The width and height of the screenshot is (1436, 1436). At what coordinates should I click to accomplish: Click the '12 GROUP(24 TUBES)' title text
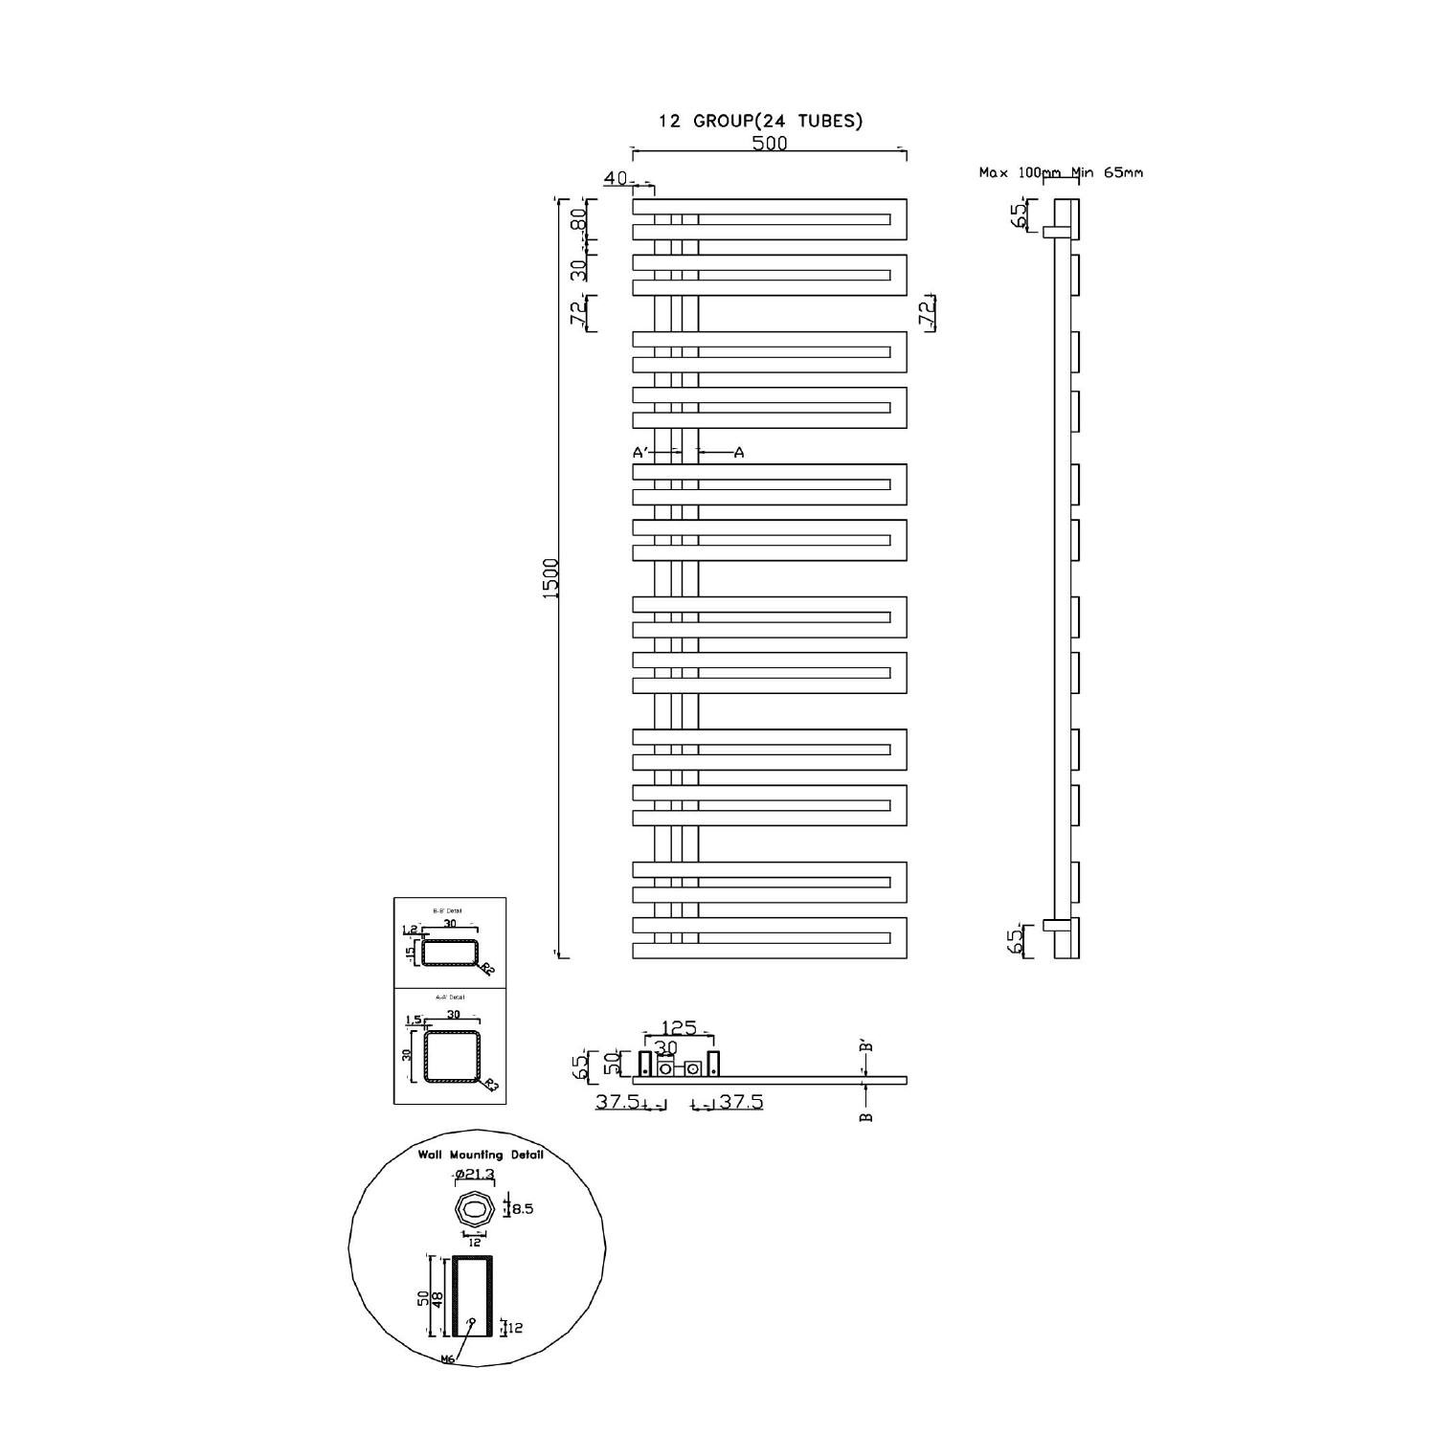pos(760,121)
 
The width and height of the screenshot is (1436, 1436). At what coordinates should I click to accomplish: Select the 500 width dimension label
pos(770,143)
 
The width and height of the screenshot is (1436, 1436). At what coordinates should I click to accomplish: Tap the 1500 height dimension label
pos(550,578)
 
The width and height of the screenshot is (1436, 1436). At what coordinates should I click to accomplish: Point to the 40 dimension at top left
pos(616,179)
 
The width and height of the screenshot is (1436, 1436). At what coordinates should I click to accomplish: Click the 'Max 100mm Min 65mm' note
pos(1060,173)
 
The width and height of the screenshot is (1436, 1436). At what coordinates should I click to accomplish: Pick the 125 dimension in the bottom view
pos(679,1028)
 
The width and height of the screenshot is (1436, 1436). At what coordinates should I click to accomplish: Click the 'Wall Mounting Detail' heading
pos(480,1155)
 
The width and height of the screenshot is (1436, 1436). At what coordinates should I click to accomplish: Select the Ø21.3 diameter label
pos(473,1176)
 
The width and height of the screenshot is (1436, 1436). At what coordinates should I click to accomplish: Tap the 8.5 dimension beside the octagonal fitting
pos(523,1209)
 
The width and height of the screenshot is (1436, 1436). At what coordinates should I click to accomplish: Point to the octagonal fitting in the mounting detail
pos(474,1210)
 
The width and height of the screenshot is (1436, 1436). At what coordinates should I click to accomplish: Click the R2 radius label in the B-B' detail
pos(487,969)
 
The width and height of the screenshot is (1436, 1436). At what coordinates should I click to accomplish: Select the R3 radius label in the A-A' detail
pos(490,1085)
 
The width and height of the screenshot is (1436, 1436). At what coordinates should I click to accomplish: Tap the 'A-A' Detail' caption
pos(450,998)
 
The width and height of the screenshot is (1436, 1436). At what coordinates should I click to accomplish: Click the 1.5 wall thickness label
pos(414,1020)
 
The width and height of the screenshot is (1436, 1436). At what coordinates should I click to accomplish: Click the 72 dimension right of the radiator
pos(926,312)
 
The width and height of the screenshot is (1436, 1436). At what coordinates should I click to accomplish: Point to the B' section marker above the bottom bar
pos(866,1046)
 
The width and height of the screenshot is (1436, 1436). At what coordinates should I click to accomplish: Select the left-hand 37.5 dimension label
pos(617,1102)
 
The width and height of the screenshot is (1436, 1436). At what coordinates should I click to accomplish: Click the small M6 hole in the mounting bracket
pos(471,1321)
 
